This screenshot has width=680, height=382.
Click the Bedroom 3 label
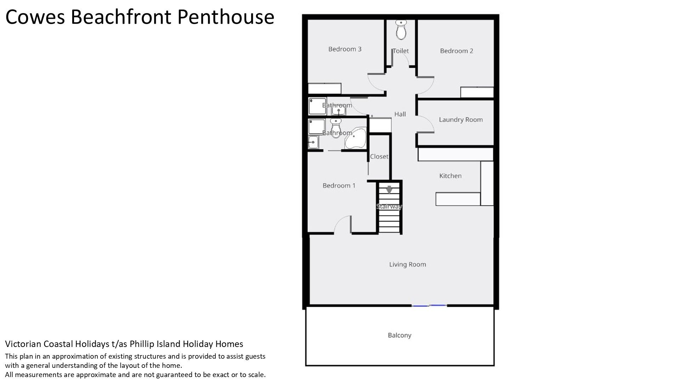[x=345, y=49]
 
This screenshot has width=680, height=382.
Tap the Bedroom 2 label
[x=457, y=51]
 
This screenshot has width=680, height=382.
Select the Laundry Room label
[x=461, y=120]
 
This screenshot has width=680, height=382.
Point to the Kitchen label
[x=450, y=176]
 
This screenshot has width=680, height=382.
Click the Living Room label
[x=407, y=264]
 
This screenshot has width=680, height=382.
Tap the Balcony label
[x=399, y=335]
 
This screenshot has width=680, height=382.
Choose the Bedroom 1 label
[x=339, y=186]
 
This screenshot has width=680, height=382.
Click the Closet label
[x=379, y=156]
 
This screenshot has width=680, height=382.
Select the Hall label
[x=400, y=114]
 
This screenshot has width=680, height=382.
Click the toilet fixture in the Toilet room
[x=401, y=30]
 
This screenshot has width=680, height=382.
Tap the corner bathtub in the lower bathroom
[x=355, y=138]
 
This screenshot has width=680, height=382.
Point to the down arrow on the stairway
[x=389, y=190]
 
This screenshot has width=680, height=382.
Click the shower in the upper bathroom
[x=317, y=106]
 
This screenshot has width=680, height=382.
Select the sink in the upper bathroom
[x=339, y=111]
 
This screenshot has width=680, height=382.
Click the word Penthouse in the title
[x=226, y=17]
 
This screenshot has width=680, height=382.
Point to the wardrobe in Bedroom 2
[x=477, y=92]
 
